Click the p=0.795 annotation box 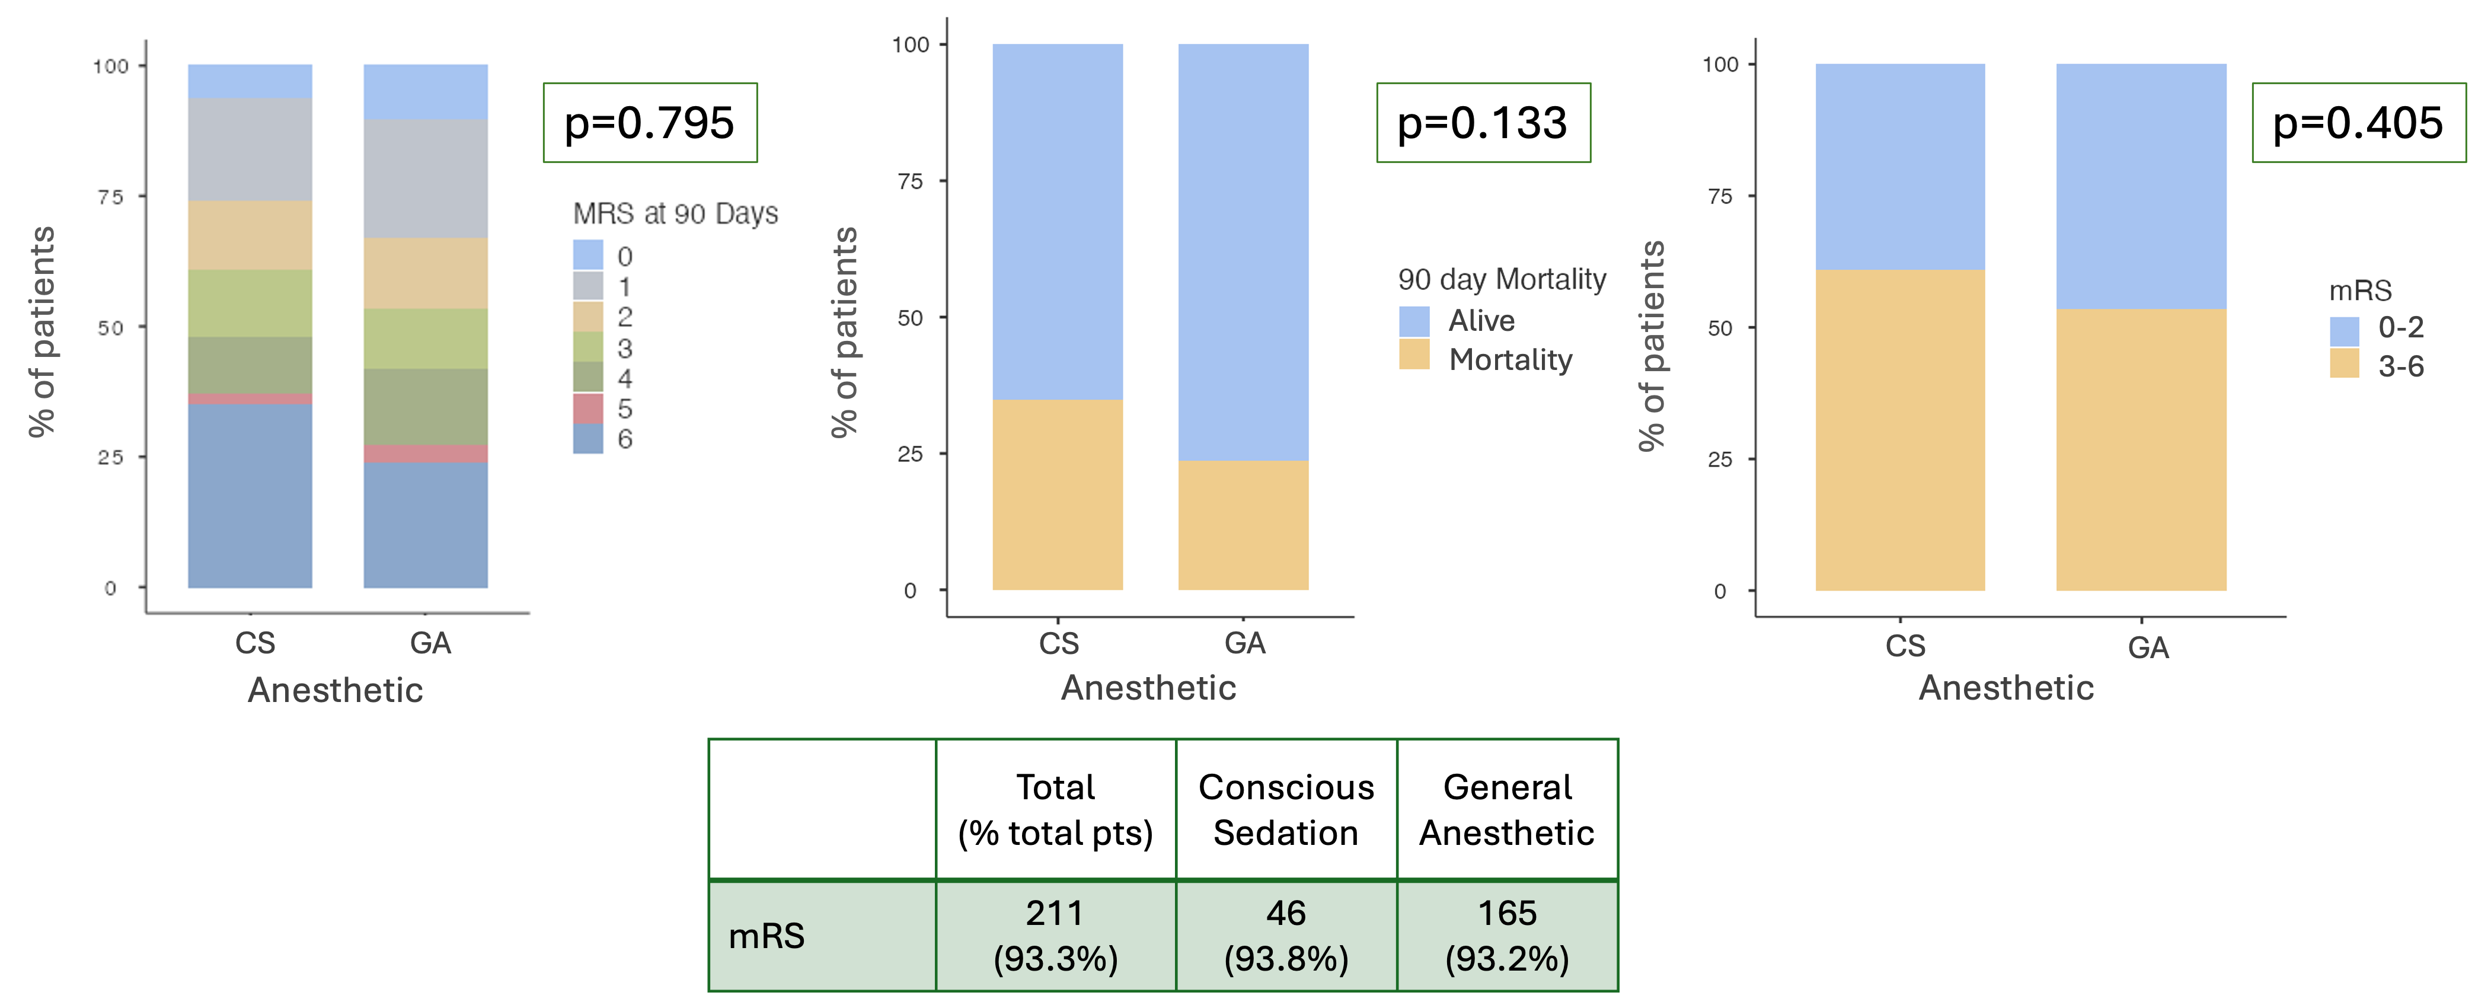(650, 123)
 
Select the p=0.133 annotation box (1483, 123)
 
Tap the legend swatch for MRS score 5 (588, 409)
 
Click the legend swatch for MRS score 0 (588, 254)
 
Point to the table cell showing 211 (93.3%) (1055, 935)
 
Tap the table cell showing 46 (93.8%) (1286, 935)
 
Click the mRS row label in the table (767, 936)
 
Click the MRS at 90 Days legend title (675, 213)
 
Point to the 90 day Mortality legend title (1502, 280)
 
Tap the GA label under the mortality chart (1244, 643)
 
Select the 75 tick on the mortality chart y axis (910, 181)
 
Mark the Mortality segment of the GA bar (1243, 525)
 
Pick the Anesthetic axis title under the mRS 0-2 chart (2006, 688)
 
